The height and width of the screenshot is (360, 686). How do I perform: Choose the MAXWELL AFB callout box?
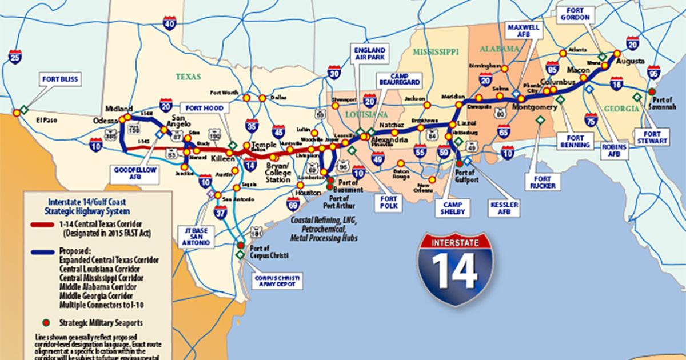click(517, 30)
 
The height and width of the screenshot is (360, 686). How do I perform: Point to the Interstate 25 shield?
click(16, 56)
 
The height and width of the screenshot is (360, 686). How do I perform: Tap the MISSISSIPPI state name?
click(435, 52)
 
